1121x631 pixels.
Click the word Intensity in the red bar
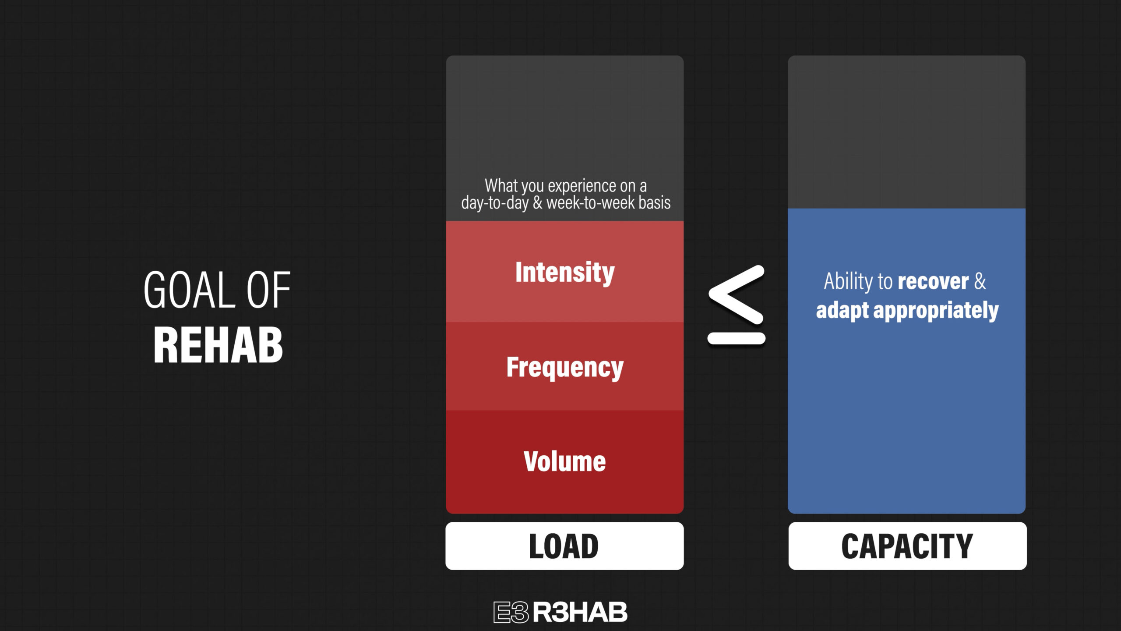click(x=565, y=273)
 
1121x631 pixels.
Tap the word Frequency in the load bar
click(x=565, y=367)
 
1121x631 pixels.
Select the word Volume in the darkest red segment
click(x=565, y=461)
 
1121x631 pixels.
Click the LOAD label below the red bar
click(x=564, y=546)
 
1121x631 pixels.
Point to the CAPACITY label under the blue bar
click(x=907, y=546)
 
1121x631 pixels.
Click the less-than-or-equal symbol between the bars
click(x=737, y=305)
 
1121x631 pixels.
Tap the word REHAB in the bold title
click(x=218, y=345)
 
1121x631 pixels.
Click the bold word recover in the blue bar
click(x=933, y=281)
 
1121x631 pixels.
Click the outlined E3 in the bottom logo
click(x=511, y=612)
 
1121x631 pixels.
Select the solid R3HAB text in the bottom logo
click(x=580, y=612)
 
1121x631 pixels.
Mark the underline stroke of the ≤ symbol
click(x=737, y=339)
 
